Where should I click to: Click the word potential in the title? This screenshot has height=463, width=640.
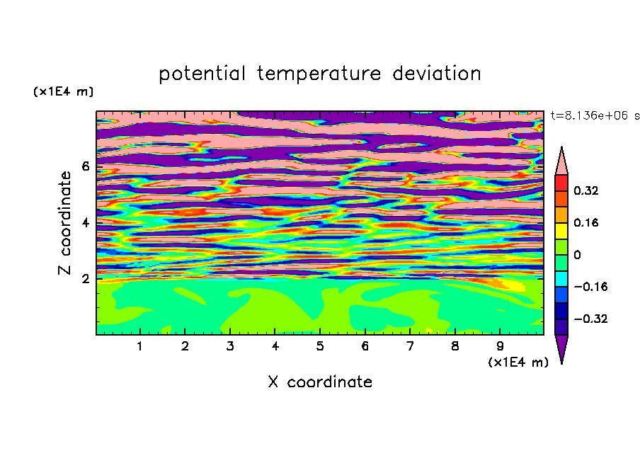point(202,74)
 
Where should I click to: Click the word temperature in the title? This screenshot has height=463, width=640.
point(319,74)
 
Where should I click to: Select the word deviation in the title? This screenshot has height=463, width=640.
point(437,74)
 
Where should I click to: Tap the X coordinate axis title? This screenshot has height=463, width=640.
point(320,382)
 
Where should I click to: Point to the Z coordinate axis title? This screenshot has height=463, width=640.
point(65,222)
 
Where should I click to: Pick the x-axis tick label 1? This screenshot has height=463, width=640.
point(140,346)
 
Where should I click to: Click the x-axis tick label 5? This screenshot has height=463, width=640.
point(320,346)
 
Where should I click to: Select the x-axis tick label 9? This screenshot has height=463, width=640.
point(500,346)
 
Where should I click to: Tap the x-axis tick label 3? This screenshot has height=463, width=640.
point(230,346)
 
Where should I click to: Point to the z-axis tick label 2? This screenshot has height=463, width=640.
point(85,279)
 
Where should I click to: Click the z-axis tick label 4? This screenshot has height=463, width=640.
point(85,223)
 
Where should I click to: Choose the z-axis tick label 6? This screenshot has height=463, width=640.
point(85,166)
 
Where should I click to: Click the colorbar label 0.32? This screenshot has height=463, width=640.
point(585,190)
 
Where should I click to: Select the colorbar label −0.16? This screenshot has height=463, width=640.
point(590,287)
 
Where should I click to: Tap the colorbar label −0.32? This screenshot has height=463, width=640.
point(590,319)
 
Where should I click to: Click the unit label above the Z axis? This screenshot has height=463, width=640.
point(63,91)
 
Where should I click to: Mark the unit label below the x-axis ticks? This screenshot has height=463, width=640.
point(518,362)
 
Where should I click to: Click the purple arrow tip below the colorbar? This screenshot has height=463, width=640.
point(561,363)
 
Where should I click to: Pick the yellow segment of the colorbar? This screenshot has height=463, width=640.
point(561,231)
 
